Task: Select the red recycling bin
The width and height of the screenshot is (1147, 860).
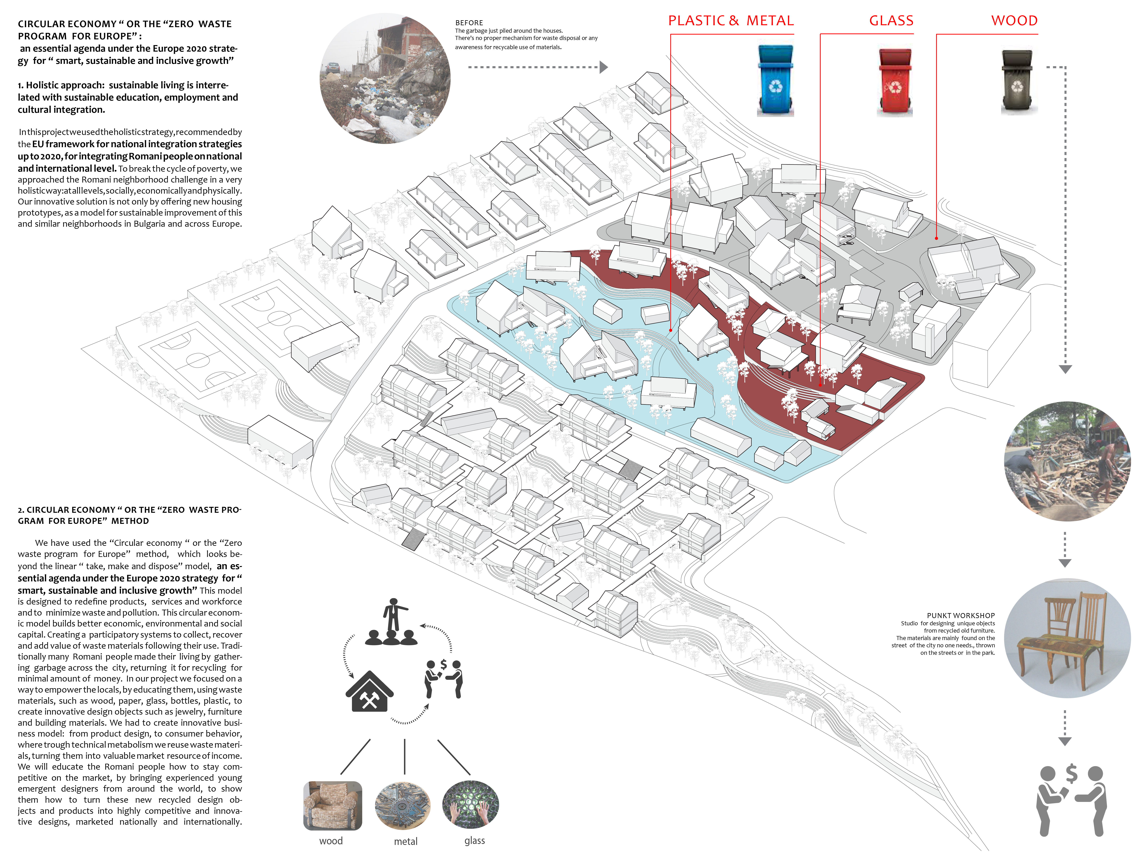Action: pos(894,80)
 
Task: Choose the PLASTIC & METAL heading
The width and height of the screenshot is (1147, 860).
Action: pos(731,21)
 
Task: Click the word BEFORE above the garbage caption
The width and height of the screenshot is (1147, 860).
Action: pos(469,23)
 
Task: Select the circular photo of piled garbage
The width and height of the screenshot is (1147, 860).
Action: pos(385,79)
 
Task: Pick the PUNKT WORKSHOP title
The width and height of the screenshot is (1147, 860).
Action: pos(960,615)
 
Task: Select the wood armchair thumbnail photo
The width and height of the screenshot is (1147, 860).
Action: pos(332,805)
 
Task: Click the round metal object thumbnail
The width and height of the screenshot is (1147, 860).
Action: pos(403,805)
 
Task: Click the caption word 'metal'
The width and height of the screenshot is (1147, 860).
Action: pos(405,841)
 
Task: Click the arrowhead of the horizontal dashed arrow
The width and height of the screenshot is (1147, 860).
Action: pos(604,67)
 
